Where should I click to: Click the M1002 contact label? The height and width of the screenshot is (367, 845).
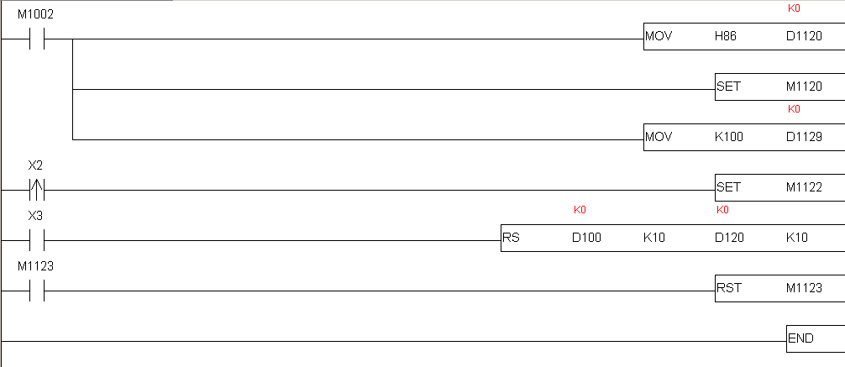(x=35, y=14)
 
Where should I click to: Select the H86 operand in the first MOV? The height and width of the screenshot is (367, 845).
(x=726, y=36)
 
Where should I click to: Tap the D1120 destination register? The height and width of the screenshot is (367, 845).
(x=804, y=36)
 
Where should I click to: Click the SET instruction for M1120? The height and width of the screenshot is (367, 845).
(x=728, y=87)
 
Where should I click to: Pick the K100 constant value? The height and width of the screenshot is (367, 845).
(x=728, y=137)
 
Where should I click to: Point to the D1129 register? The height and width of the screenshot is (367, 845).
(x=804, y=137)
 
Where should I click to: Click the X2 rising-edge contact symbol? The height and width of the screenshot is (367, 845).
(x=37, y=191)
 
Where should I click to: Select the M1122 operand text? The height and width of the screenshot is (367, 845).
(x=804, y=187)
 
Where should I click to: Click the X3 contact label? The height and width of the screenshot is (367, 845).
(x=35, y=216)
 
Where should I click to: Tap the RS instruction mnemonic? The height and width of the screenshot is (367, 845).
(x=511, y=237)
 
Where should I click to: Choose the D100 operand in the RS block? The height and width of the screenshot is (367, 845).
(x=586, y=237)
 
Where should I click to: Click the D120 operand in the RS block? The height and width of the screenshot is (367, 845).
(x=729, y=237)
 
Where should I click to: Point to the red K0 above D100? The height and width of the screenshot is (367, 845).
(x=580, y=210)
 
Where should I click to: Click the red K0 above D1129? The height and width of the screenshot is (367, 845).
(x=794, y=109)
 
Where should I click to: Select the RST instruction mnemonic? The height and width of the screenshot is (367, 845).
(x=728, y=288)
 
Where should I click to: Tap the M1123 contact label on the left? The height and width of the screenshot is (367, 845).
(x=35, y=266)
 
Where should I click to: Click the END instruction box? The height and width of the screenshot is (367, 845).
(x=816, y=338)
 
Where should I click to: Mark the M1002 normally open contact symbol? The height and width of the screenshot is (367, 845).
(x=37, y=39)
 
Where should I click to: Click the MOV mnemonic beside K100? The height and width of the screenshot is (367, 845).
(x=659, y=137)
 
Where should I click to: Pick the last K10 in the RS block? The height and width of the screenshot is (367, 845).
(x=797, y=237)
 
